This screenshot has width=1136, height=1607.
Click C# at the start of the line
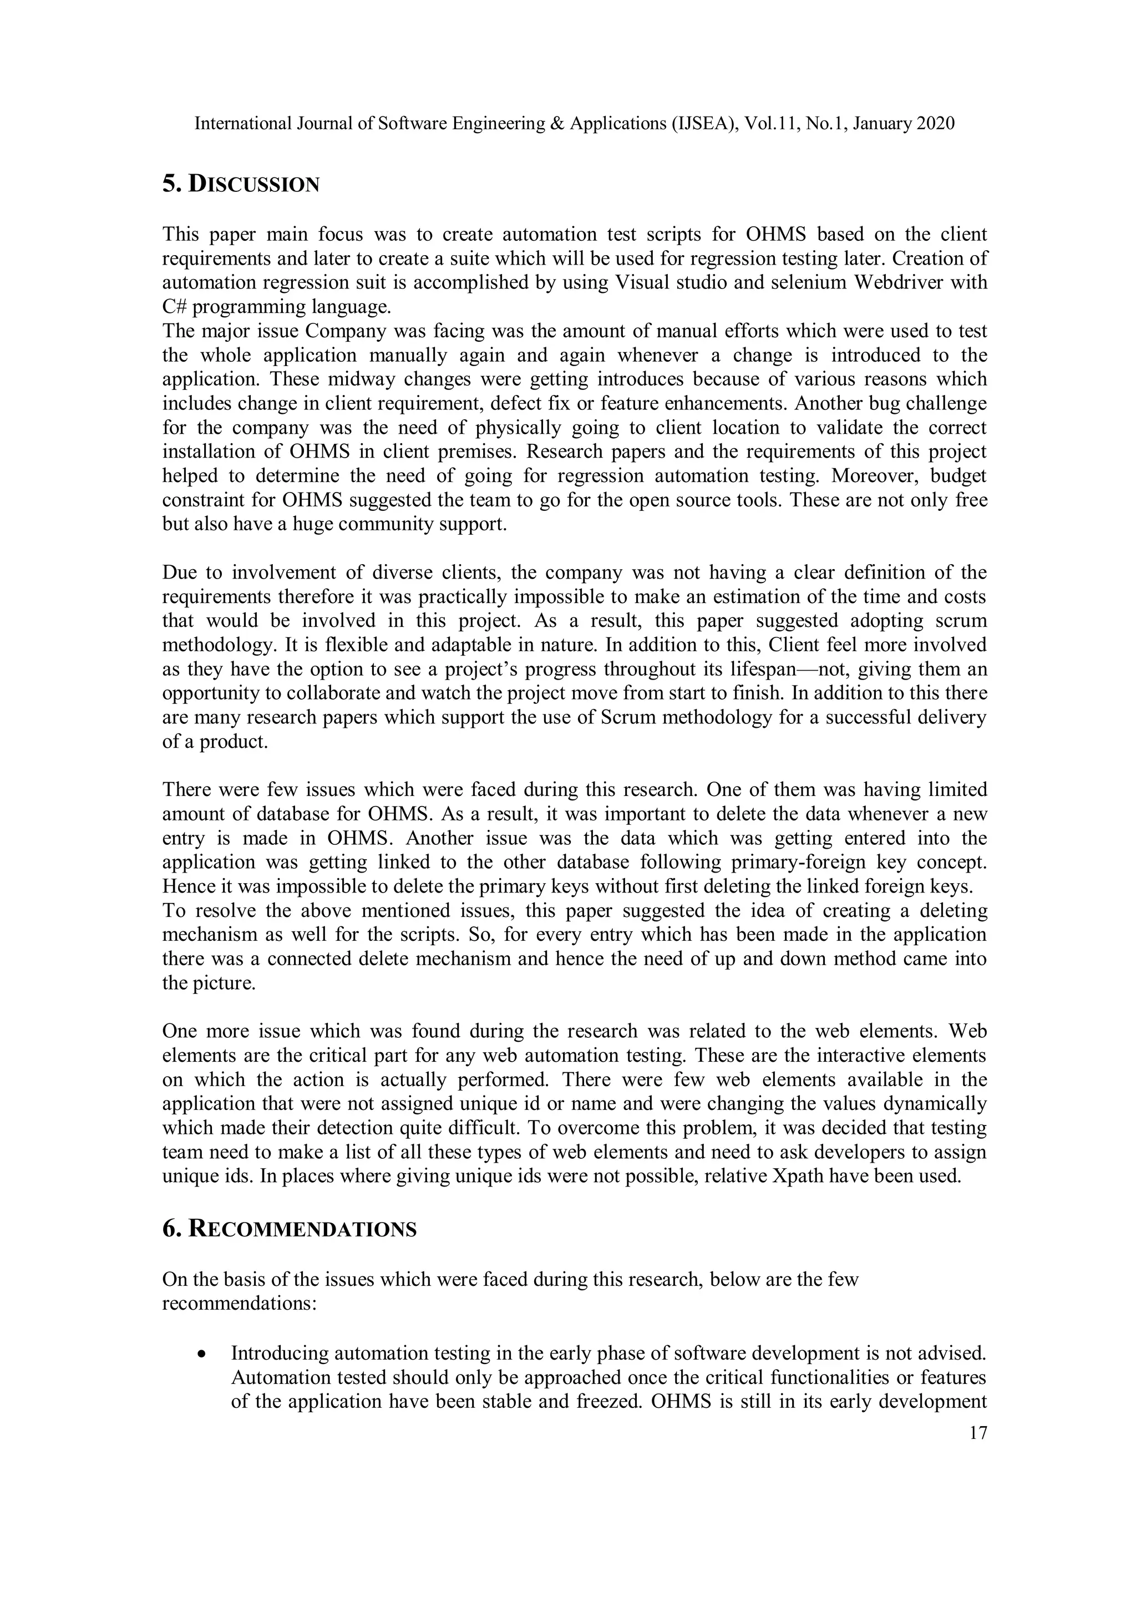(174, 307)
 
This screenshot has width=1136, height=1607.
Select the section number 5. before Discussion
(172, 184)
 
